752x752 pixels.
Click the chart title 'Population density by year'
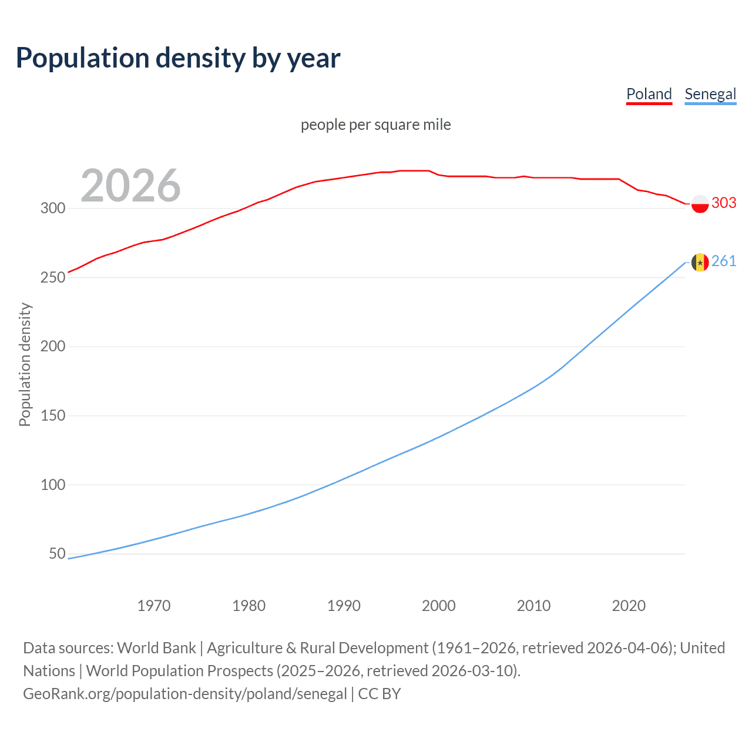pyautogui.click(x=178, y=58)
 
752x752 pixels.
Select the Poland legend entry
pyautogui.click(x=649, y=94)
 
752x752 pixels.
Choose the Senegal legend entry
pyautogui.click(x=710, y=94)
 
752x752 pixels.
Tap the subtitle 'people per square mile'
pyautogui.click(x=375, y=125)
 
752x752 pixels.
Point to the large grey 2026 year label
pyautogui.click(x=130, y=186)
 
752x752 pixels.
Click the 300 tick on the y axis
pyautogui.click(x=53, y=208)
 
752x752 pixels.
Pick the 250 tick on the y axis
pyautogui.click(x=53, y=277)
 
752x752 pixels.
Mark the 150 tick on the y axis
pyautogui.click(x=53, y=415)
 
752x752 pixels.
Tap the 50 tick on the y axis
pyautogui.click(x=57, y=553)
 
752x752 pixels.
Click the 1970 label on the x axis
pyautogui.click(x=154, y=606)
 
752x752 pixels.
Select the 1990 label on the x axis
pyautogui.click(x=344, y=606)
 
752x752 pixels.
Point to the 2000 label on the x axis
pyautogui.click(x=438, y=606)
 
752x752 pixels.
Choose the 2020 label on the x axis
pyautogui.click(x=629, y=606)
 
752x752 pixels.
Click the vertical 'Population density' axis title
pyautogui.click(x=25, y=364)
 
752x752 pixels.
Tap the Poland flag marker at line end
pyautogui.click(x=700, y=204)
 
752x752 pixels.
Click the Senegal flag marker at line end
pyautogui.click(x=700, y=262)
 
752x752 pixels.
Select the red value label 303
pyautogui.click(x=724, y=203)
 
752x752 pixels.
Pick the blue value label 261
pyautogui.click(x=724, y=261)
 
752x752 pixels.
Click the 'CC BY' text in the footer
pyautogui.click(x=380, y=694)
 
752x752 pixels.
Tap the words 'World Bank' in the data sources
pyautogui.click(x=156, y=648)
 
